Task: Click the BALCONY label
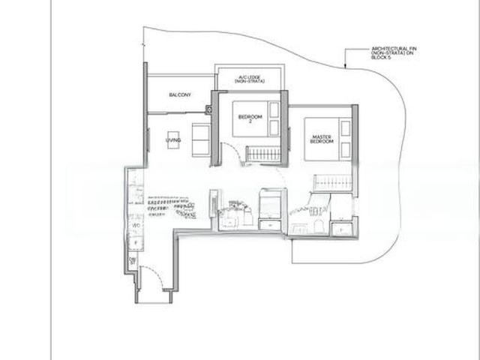point(179,94)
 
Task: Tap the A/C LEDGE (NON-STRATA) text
point(248,79)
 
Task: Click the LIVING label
point(174,139)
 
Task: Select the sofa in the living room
point(202,140)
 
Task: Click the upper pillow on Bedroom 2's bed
point(274,109)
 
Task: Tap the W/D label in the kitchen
point(136,224)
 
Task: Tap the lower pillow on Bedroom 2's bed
point(274,127)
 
